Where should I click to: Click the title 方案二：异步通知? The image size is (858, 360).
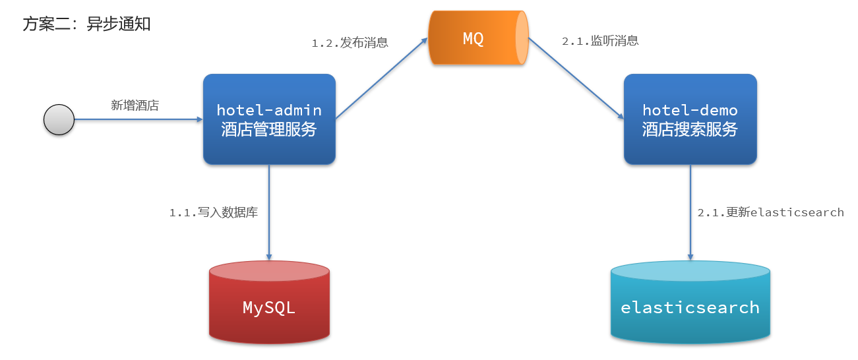coord(86,24)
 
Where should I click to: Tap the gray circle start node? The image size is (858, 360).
coord(59,120)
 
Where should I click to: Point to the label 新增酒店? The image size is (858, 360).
coord(135,105)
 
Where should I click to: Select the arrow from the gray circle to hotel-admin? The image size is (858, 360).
coord(138,120)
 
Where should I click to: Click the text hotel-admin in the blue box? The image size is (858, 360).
coord(269,110)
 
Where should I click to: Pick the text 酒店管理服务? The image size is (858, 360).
coord(269,130)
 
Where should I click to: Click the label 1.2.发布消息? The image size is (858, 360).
coord(350,43)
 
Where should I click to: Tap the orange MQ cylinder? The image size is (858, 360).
coord(474,38)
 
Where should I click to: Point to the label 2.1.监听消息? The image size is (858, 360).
coord(600,41)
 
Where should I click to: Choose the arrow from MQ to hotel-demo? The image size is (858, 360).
coord(576,78)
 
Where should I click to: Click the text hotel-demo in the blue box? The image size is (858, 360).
coord(690,110)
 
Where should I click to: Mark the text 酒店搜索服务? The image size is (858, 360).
coord(690,130)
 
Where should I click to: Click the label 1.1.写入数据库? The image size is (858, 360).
coord(213,212)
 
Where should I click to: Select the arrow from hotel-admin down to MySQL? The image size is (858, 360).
coord(269,211)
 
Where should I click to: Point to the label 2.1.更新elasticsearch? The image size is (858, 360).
coord(770,212)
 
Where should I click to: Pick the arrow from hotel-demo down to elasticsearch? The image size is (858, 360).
coord(690,211)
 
